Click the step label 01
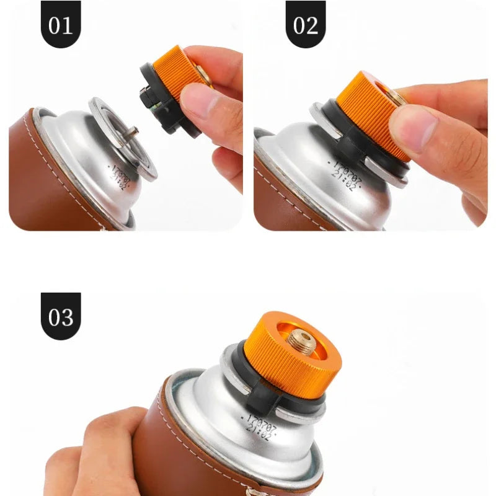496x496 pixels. pyautogui.click(x=60, y=25)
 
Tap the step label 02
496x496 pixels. pyautogui.click(x=305, y=25)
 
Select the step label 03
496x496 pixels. pyautogui.click(x=61, y=317)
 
